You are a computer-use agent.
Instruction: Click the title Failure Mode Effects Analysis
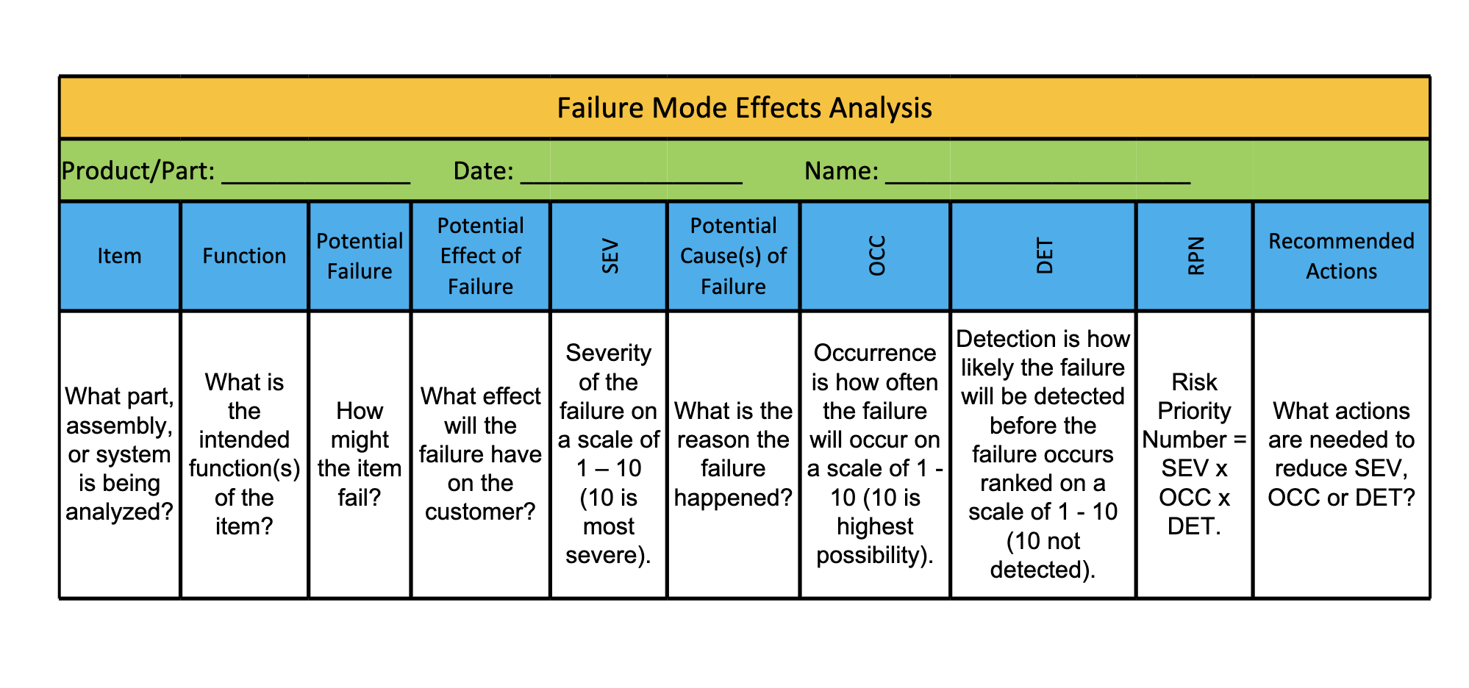pyautogui.click(x=744, y=108)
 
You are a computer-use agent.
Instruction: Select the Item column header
pyautogui.click(x=119, y=256)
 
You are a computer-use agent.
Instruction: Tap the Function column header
pyautogui.click(x=244, y=256)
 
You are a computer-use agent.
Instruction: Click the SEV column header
pyautogui.click(x=610, y=257)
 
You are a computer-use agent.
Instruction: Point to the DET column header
pyautogui.click(x=1044, y=257)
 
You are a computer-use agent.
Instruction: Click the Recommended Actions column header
pyautogui.click(x=1341, y=256)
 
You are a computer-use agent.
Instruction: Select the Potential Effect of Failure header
pyautogui.click(x=480, y=256)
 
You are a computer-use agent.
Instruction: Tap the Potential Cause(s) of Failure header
pyautogui.click(x=733, y=256)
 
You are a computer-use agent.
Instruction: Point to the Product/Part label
pyautogui.click(x=138, y=171)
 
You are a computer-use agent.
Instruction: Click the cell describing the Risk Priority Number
pyautogui.click(x=1194, y=454)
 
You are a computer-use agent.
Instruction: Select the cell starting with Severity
pyautogui.click(x=609, y=454)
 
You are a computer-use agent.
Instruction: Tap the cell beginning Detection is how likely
pyautogui.click(x=1043, y=454)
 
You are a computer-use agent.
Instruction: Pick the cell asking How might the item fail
pyautogui.click(x=360, y=454)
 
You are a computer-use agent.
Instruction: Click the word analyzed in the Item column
pyautogui.click(x=119, y=512)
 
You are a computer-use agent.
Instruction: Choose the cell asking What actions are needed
pyautogui.click(x=1341, y=454)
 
